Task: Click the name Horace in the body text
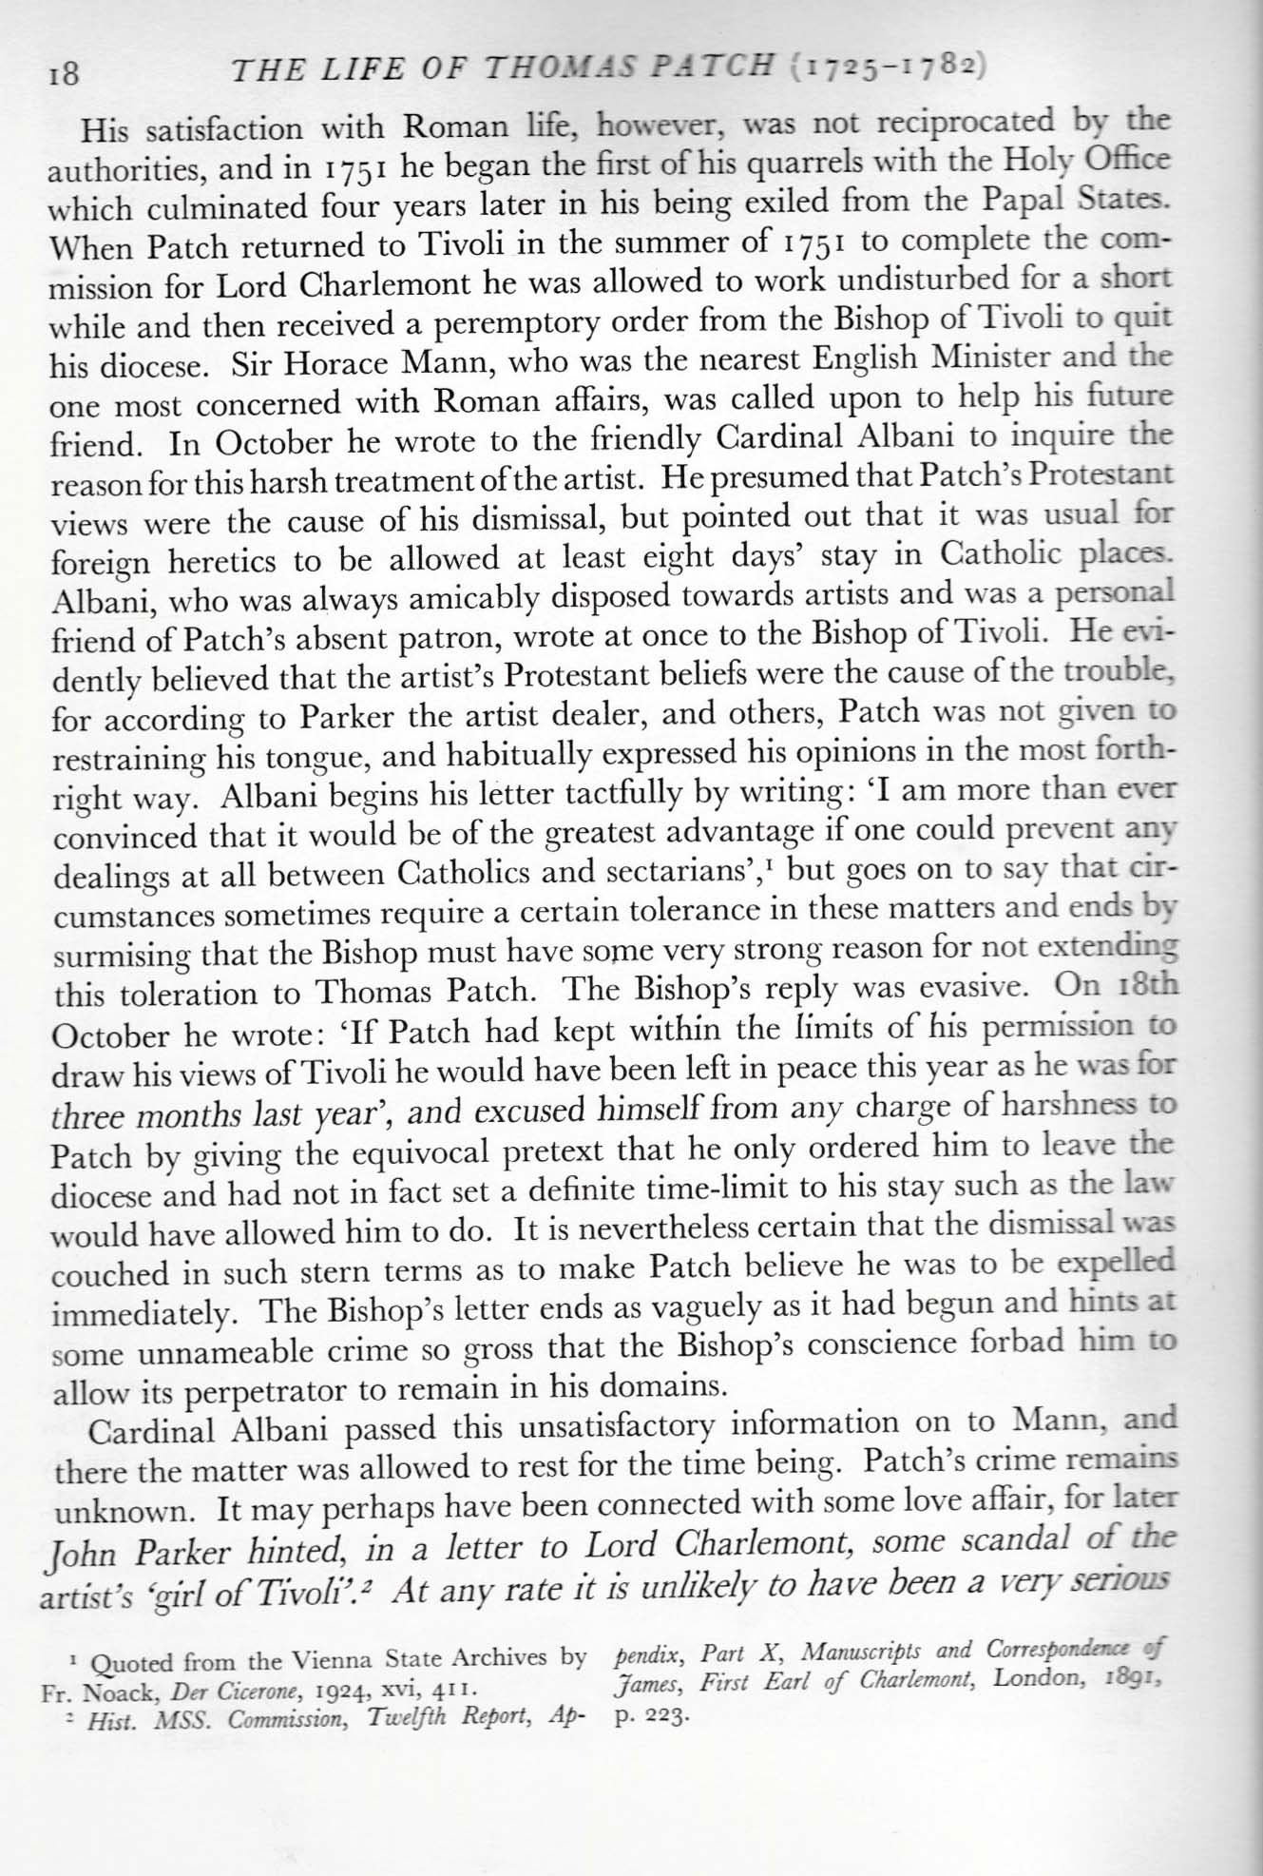(317, 363)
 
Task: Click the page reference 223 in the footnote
(655, 1716)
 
